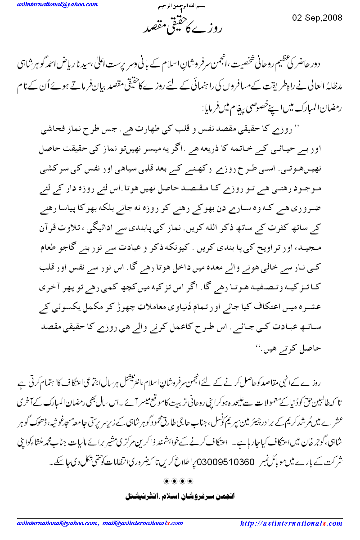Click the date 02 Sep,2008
tap(317, 18)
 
